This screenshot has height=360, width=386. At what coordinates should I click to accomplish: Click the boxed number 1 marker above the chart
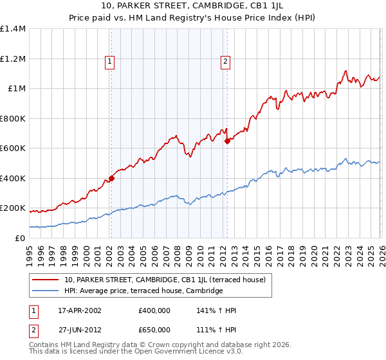(x=110, y=62)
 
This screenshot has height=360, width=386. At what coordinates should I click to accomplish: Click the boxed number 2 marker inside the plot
(x=226, y=62)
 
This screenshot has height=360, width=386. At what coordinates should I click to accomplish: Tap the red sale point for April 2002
(x=111, y=179)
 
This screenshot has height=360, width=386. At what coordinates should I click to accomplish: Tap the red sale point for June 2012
(x=227, y=142)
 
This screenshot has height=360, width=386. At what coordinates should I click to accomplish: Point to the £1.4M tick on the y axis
(x=13, y=29)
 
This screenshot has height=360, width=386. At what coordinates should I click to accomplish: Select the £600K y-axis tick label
(x=13, y=148)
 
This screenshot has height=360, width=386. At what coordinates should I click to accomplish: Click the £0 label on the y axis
(x=21, y=239)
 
